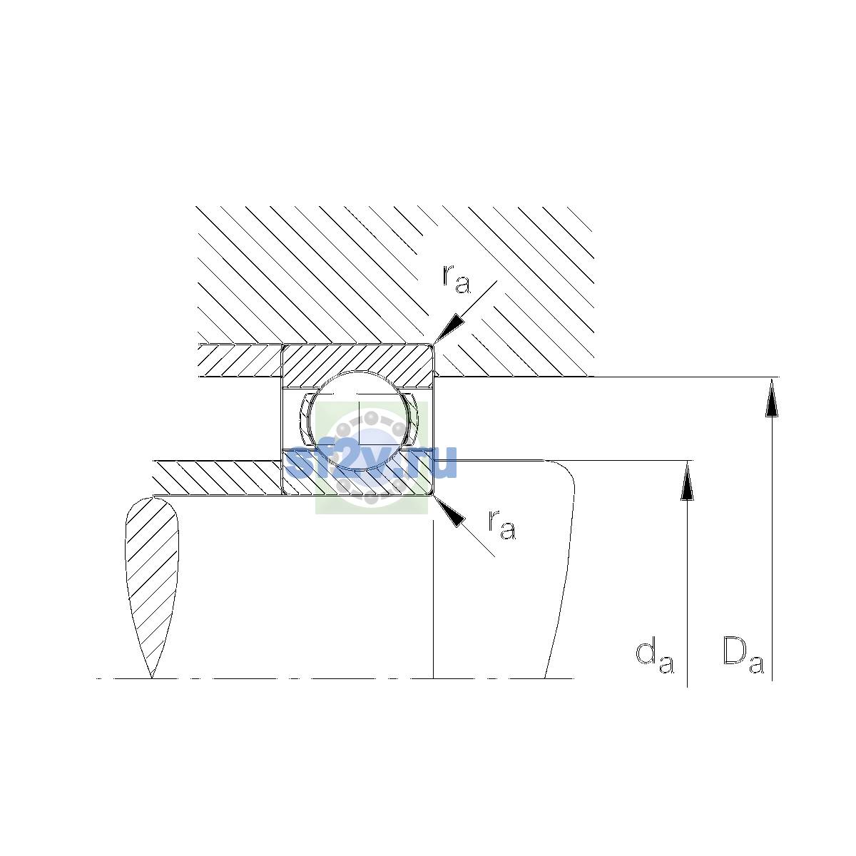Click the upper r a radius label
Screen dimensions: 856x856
[457, 280]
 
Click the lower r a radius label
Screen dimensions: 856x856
[502, 524]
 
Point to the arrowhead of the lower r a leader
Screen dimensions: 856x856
[449, 511]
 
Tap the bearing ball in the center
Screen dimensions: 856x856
[359, 420]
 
